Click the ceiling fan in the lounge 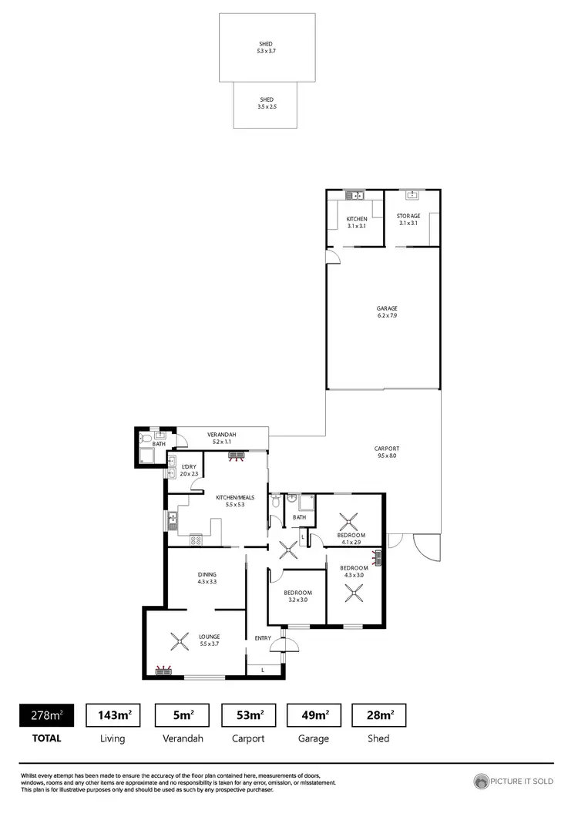point(180,640)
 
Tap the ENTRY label point(263,637)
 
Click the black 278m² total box point(45,716)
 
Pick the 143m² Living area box point(113,716)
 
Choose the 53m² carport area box point(248,716)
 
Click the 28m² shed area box point(378,716)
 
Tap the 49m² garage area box point(314,716)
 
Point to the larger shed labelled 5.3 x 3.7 point(266,47)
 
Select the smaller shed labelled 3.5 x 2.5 point(267,103)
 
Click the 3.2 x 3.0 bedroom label point(297,595)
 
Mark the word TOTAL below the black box point(45,738)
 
